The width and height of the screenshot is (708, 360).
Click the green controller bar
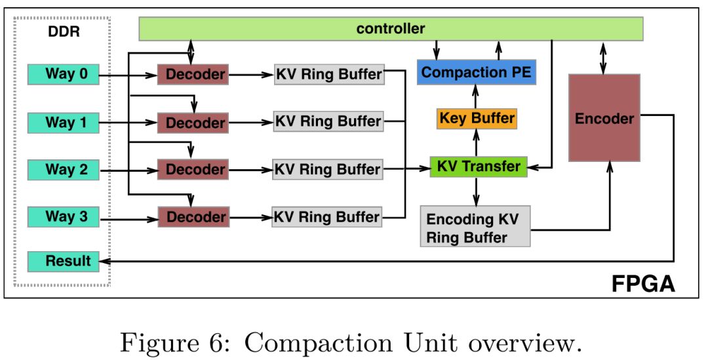click(391, 29)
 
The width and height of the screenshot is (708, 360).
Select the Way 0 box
click(63, 74)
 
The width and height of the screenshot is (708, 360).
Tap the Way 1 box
click(63, 122)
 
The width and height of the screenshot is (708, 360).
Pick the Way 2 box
click(63, 169)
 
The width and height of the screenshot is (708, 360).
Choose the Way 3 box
click(63, 216)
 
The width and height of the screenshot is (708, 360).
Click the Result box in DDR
click(63, 262)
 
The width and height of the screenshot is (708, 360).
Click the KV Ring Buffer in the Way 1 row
click(328, 122)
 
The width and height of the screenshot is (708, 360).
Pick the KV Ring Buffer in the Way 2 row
click(328, 169)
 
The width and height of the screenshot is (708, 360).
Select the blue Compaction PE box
click(477, 72)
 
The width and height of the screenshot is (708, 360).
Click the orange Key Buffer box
click(477, 119)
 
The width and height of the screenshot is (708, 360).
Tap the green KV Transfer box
click(477, 166)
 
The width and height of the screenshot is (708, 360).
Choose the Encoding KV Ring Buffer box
click(474, 227)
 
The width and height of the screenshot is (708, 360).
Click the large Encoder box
click(604, 118)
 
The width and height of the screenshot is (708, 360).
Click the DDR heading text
click(64, 31)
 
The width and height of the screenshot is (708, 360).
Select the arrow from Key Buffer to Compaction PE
click(477, 97)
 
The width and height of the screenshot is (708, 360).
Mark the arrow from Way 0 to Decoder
click(128, 75)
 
